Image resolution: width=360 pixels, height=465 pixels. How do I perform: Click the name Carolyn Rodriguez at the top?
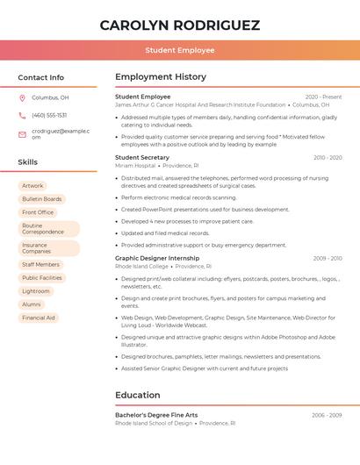180,25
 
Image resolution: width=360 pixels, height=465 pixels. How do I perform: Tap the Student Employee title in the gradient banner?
180,50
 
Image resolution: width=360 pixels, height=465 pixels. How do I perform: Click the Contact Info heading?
40,77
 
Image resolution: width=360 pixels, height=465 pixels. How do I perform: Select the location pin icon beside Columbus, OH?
22,97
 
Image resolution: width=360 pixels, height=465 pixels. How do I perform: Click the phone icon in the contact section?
22,115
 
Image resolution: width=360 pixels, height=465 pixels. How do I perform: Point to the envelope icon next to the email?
22,134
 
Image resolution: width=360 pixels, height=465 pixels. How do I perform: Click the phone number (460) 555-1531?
49,115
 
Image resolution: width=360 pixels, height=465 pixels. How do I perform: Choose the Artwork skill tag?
32,186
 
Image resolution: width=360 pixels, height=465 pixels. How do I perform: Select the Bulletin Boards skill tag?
42,199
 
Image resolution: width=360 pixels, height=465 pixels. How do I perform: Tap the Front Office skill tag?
38,212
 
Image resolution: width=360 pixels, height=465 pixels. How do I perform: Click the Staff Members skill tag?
41,264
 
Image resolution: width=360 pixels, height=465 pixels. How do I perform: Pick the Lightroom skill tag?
36,290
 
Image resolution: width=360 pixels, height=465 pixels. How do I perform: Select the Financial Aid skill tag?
39,318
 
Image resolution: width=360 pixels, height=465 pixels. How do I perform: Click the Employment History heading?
161,77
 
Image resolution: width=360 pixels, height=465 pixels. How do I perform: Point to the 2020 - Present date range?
323,97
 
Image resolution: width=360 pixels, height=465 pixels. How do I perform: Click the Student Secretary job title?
142,157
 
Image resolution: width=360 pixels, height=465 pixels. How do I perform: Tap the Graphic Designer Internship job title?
157,258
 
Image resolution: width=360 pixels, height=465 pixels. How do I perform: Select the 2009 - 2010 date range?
328,258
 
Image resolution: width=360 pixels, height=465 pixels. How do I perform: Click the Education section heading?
137,395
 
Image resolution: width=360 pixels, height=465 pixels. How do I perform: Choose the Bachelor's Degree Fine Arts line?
156,415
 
